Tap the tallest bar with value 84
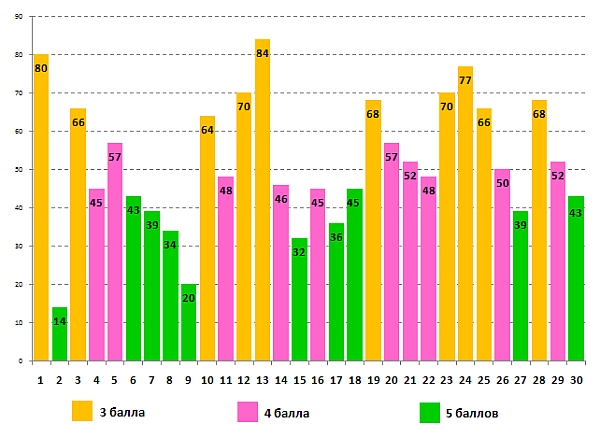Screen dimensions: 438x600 (x=262, y=200)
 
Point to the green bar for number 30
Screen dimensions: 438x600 (x=575, y=280)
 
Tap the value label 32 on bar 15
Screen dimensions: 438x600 (x=299, y=252)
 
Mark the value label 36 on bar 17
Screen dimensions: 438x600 (x=336, y=237)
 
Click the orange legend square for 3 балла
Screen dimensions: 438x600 (x=81, y=411)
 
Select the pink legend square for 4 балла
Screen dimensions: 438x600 (x=247, y=411)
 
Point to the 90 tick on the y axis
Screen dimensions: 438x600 (x=21, y=17)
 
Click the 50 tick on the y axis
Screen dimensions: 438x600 (x=21, y=170)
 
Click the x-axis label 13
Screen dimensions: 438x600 (x=262, y=380)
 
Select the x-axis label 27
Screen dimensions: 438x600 (x=520, y=380)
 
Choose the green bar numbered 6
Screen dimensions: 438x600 (x=133, y=280)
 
